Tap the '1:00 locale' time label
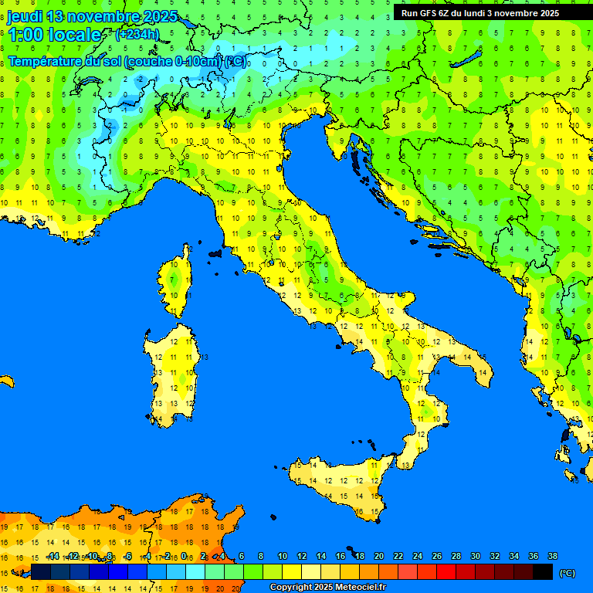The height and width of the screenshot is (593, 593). coord(55,35)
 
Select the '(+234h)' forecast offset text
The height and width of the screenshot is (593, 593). coord(137,34)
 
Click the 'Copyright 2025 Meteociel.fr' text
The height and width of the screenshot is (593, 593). coord(327,588)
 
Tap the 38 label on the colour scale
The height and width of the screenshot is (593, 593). coord(552,557)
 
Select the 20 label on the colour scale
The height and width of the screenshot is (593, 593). coord(379,557)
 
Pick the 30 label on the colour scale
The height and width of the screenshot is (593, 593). coord(476,557)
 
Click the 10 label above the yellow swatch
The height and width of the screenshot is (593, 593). coord(283,557)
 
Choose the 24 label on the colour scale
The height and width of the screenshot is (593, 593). coord(418,557)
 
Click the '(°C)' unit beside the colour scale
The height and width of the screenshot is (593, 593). coord(568,572)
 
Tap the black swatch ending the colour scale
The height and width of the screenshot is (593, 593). coord(543,571)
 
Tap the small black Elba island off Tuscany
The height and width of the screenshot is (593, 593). coord(215,252)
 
